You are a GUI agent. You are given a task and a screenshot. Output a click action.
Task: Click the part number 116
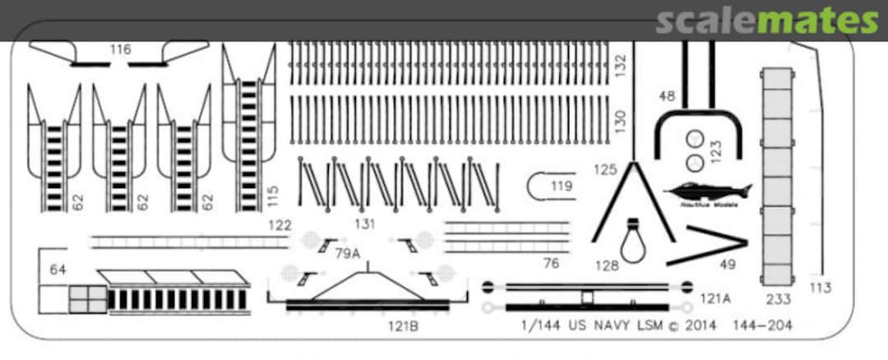click(x=120, y=50)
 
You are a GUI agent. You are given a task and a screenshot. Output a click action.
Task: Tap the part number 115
click(x=274, y=196)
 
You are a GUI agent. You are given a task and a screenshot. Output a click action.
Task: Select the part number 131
click(x=364, y=224)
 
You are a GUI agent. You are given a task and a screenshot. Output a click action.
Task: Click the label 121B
click(x=405, y=325)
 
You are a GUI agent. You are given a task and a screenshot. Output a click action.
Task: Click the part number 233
click(x=778, y=300)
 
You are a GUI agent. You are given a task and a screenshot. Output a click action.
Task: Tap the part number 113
click(x=820, y=288)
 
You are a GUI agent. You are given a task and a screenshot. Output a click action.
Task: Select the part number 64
click(x=58, y=270)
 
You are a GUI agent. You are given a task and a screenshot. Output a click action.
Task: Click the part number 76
click(x=551, y=263)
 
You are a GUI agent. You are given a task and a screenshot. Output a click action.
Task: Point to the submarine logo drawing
click(x=711, y=192)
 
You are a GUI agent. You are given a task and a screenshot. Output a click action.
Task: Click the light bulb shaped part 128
click(x=633, y=240)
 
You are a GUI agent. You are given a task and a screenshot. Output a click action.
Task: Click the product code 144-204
click(x=766, y=325)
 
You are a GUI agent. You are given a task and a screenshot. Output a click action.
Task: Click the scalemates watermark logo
click(x=766, y=21)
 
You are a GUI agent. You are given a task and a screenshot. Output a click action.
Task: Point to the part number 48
click(x=666, y=96)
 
